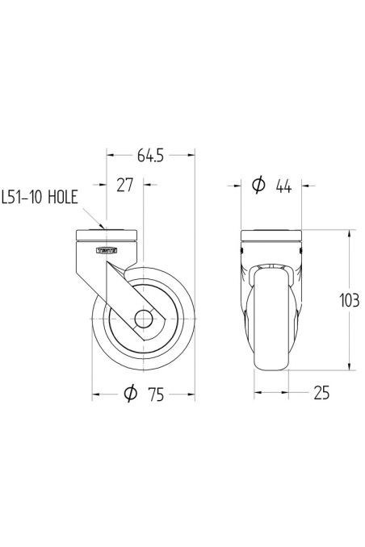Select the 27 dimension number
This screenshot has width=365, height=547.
tap(125, 186)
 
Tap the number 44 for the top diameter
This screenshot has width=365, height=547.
tap(283, 186)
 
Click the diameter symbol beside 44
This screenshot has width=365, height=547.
tap(258, 186)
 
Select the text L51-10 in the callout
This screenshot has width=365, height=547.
tap(25, 196)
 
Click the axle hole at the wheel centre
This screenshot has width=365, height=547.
tap(145, 318)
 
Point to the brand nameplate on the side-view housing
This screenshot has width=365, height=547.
tap(107, 251)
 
